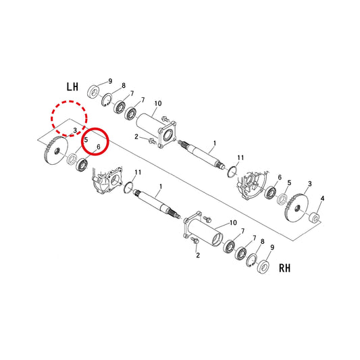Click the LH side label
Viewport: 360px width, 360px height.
[x=72, y=86]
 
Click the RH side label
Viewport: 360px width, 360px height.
[x=285, y=268]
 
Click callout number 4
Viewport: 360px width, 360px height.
[x=322, y=199]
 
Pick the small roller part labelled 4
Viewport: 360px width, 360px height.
[x=313, y=218]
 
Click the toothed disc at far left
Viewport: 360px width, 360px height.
[x=55, y=151]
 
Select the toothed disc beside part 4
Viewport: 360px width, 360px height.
[x=297, y=208]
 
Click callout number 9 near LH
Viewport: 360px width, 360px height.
[x=110, y=81]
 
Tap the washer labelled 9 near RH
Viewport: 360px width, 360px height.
[x=263, y=267]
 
